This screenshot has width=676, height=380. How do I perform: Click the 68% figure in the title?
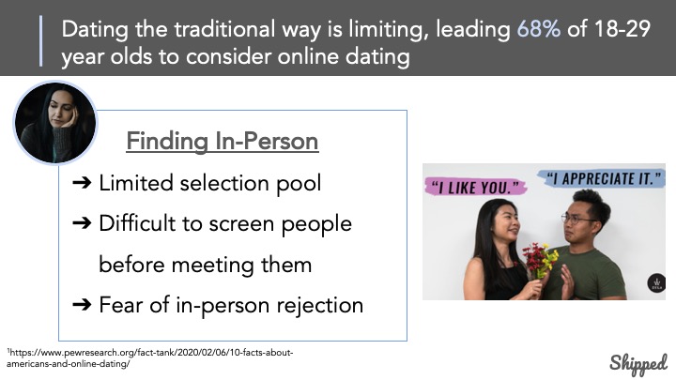539,29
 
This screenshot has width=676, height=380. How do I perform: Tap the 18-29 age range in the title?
622,29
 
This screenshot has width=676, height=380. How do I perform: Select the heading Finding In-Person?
223,142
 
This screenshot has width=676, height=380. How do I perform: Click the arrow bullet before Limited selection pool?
82,183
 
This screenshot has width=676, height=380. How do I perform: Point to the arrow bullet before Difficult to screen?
82,223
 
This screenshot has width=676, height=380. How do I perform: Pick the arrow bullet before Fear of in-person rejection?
82,305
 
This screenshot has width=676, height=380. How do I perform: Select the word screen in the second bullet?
241,225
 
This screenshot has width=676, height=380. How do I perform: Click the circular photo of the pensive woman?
55,123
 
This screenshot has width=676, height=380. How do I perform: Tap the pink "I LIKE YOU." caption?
475,188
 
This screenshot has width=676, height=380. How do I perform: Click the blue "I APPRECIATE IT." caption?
602,178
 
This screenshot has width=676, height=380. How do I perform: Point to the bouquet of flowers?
539,260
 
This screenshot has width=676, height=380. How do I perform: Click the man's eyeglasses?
578,219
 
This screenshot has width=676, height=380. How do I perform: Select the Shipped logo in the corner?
638,364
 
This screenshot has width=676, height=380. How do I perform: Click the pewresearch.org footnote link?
149,358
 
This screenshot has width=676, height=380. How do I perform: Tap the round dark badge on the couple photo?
656,283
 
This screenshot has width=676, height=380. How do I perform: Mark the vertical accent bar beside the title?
41,41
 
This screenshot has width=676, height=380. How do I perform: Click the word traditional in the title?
224,29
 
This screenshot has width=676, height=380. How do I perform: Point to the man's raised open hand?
567,281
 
